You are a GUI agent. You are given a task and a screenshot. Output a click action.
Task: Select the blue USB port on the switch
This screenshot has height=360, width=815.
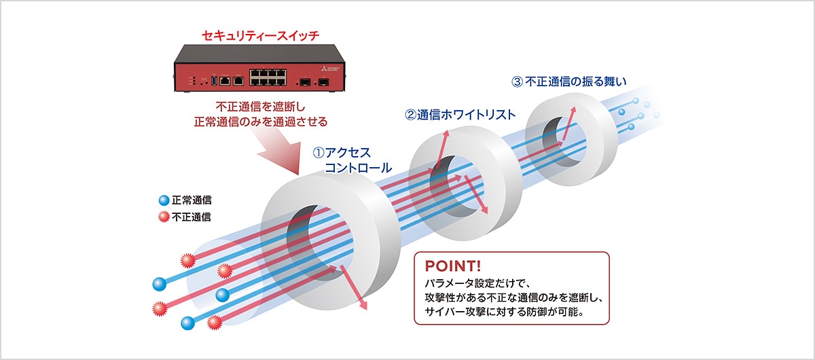pyautogui.click(x=215, y=80)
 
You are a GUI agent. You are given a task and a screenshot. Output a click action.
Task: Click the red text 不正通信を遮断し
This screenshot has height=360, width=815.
pyautogui.click(x=261, y=107)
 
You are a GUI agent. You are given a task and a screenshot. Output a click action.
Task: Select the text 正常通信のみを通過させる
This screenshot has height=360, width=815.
pyautogui.click(x=261, y=122)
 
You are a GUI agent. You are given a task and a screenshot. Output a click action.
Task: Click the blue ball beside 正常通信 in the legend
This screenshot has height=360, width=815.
pyautogui.click(x=163, y=201)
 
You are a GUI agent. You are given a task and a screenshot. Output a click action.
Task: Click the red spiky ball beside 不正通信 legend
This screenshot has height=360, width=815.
pyautogui.click(x=163, y=217)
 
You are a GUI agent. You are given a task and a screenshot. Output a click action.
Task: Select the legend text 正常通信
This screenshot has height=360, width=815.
pyautogui.click(x=192, y=201)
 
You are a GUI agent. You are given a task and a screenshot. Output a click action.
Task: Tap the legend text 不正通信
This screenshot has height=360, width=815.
pyautogui.click(x=192, y=217)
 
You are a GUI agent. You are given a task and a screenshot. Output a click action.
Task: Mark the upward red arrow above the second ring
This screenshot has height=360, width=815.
pyautogui.click(x=443, y=144)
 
